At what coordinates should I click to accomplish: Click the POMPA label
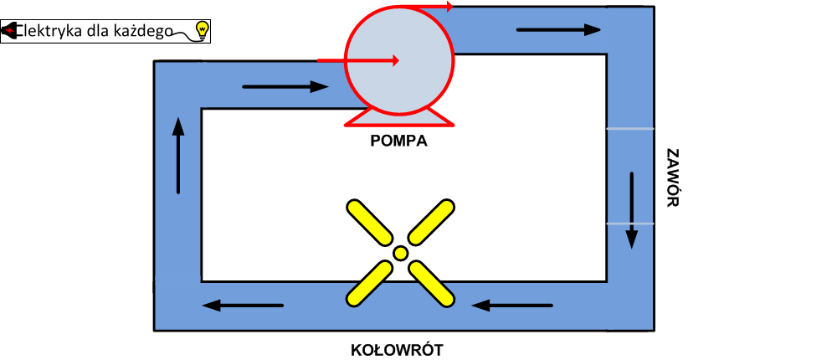[399, 141]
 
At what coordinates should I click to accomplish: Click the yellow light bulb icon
[202, 31]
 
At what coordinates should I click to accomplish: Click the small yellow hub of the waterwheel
[401, 253]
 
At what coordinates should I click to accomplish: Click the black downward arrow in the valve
[632, 210]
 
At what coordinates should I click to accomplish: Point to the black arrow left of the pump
[285, 86]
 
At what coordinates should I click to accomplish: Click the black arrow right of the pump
[558, 29]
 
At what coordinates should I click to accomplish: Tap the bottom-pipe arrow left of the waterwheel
[244, 305]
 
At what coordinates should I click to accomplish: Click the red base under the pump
[399, 119]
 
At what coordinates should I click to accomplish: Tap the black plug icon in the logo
[11, 31]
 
